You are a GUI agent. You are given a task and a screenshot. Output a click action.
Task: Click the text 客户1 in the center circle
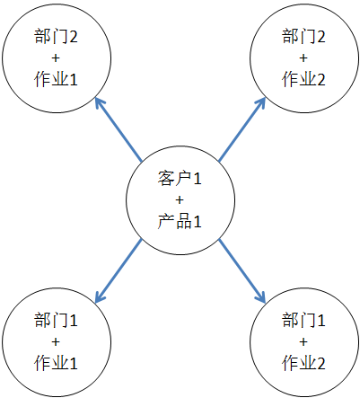pos(180,178)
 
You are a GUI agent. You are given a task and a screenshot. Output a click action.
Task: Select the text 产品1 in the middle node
pos(180,222)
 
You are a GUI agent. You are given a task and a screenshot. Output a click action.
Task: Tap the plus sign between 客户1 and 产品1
pos(180,199)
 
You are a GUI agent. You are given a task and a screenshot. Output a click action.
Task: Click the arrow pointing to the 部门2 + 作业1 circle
pos(119,129)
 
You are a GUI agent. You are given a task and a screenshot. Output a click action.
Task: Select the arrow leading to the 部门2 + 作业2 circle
pos(242,129)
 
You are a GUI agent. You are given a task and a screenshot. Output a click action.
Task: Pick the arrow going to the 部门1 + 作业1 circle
pos(119,270)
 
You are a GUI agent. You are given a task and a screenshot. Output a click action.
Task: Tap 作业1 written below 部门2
pos(56,79)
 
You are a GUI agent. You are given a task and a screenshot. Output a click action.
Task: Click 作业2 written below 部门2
pos(303,79)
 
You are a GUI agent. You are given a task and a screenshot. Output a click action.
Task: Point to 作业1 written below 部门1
pos(56,363)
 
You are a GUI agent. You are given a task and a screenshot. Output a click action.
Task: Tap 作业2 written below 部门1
pos(303,363)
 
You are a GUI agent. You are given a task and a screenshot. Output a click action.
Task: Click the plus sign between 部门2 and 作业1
pos(56,57)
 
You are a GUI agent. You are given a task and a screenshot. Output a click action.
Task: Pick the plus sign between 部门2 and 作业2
pos(303,57)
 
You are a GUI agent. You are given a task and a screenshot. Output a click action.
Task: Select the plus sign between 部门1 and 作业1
pos(56,341)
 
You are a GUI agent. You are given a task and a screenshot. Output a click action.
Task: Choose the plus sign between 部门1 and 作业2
pos(303,341)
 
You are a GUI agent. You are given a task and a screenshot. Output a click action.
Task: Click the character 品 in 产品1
pos(183,222)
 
